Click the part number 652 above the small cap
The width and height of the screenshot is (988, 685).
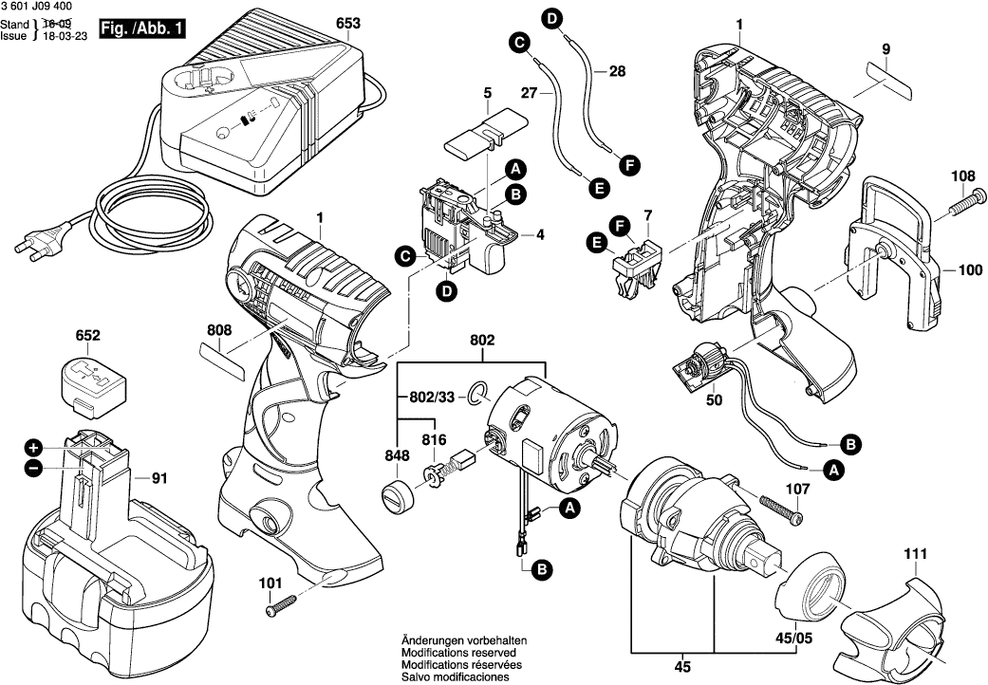point(88,336)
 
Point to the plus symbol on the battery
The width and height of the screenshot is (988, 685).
point(33,447)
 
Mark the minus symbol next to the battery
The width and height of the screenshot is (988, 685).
point(33,468)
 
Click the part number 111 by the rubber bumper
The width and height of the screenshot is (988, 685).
point(915,553)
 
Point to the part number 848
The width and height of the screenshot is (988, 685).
point(398,456)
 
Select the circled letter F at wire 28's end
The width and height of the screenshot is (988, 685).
point(627,164)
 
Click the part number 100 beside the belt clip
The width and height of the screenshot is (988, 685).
point(970,270)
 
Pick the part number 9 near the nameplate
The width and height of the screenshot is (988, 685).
point(885,48)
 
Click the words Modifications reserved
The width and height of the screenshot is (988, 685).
point(458,654)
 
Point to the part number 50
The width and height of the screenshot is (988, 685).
point(714,400)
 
